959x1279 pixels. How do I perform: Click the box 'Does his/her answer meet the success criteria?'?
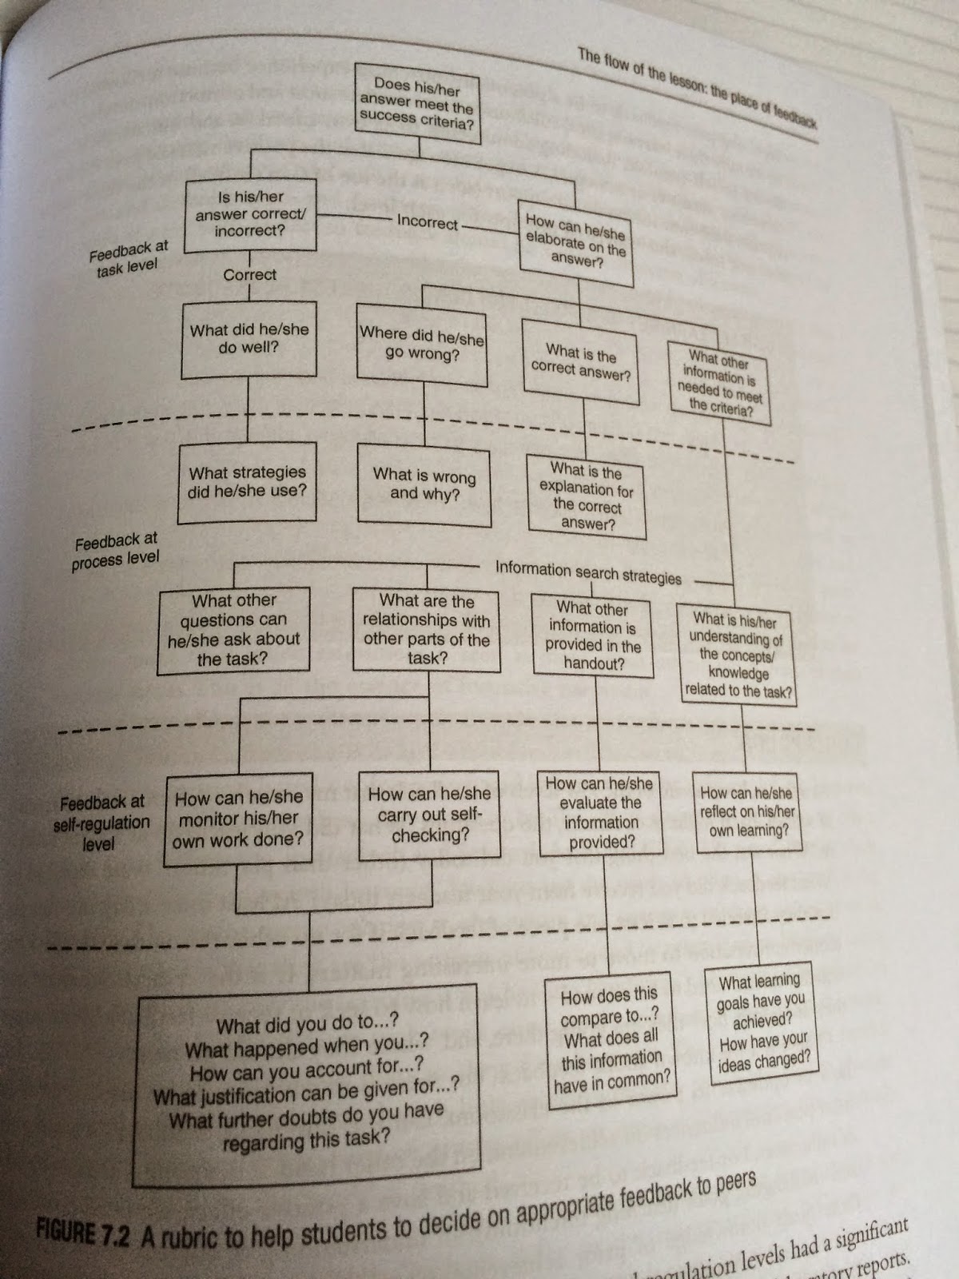416,105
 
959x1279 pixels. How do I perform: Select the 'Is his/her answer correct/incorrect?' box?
249,213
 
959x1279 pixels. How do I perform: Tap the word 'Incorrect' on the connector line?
428,221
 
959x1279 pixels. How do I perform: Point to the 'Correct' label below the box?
249,274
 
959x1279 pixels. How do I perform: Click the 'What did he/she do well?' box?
249,339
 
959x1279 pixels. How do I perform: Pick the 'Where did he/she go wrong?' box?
422,344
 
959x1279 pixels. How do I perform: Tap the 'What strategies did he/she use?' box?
247,482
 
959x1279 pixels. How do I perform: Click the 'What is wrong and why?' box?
424,484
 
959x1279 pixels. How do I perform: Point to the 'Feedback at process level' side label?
116,552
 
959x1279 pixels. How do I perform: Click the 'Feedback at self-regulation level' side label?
101,823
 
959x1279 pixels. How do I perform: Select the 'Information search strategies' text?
588,572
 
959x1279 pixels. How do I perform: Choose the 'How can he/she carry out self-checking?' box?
430,815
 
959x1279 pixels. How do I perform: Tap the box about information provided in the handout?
593,636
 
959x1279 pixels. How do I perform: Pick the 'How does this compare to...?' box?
611,1039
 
